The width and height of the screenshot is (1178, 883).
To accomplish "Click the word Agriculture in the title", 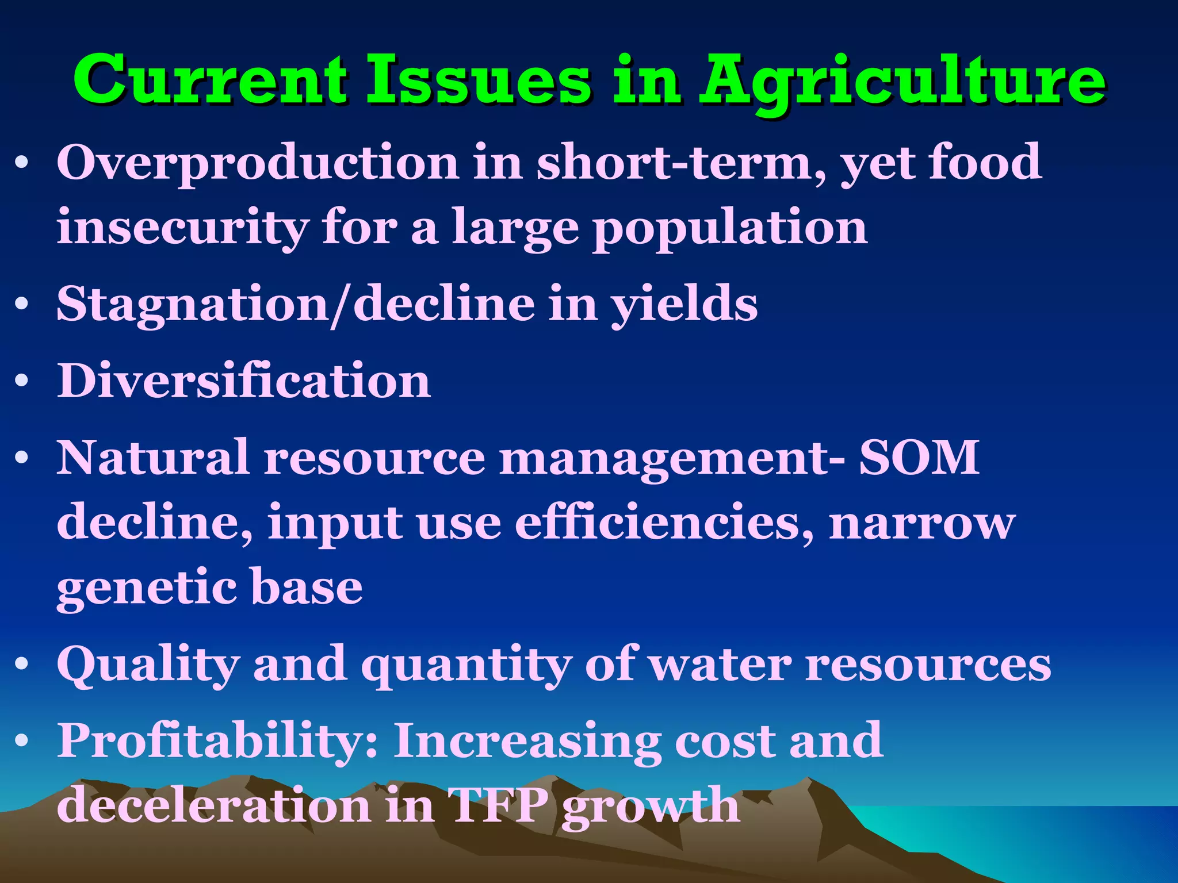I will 902,80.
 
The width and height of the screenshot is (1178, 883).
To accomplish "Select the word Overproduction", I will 258,163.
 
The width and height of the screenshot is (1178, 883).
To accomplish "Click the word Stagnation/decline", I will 296,305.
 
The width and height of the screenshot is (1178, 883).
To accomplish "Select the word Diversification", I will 244,381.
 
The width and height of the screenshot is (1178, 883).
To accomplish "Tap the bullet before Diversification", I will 22,381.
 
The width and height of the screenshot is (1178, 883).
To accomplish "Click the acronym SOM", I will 919,457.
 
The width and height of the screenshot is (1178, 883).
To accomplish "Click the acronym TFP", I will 498,805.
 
